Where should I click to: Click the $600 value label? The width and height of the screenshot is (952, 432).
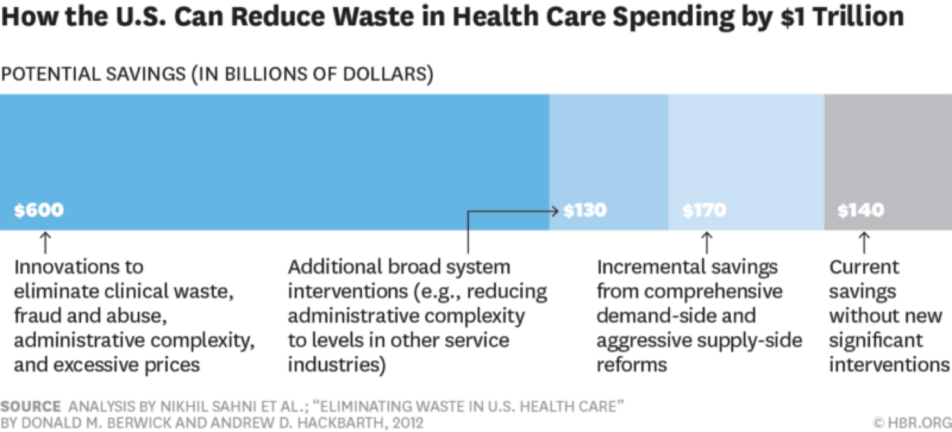coord(39,211)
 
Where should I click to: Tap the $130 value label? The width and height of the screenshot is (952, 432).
coord(585,211)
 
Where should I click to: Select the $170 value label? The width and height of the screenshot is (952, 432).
coord(704,211)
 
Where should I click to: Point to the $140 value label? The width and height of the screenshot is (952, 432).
coord(860,211)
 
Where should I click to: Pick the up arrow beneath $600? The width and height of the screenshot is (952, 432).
coord(45,242)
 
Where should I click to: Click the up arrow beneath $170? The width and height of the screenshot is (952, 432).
coord(706,242)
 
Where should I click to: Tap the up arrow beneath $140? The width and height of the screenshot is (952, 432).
coord(864,242)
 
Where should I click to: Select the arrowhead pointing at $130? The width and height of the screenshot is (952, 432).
coord(556,211)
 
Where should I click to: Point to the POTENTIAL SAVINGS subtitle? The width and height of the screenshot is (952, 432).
coord(218,74)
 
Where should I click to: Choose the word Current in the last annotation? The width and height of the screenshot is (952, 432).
coord(864,268)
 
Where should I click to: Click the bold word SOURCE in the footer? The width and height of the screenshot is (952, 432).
coord(25,407)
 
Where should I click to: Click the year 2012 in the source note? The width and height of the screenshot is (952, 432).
coord(407,422)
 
